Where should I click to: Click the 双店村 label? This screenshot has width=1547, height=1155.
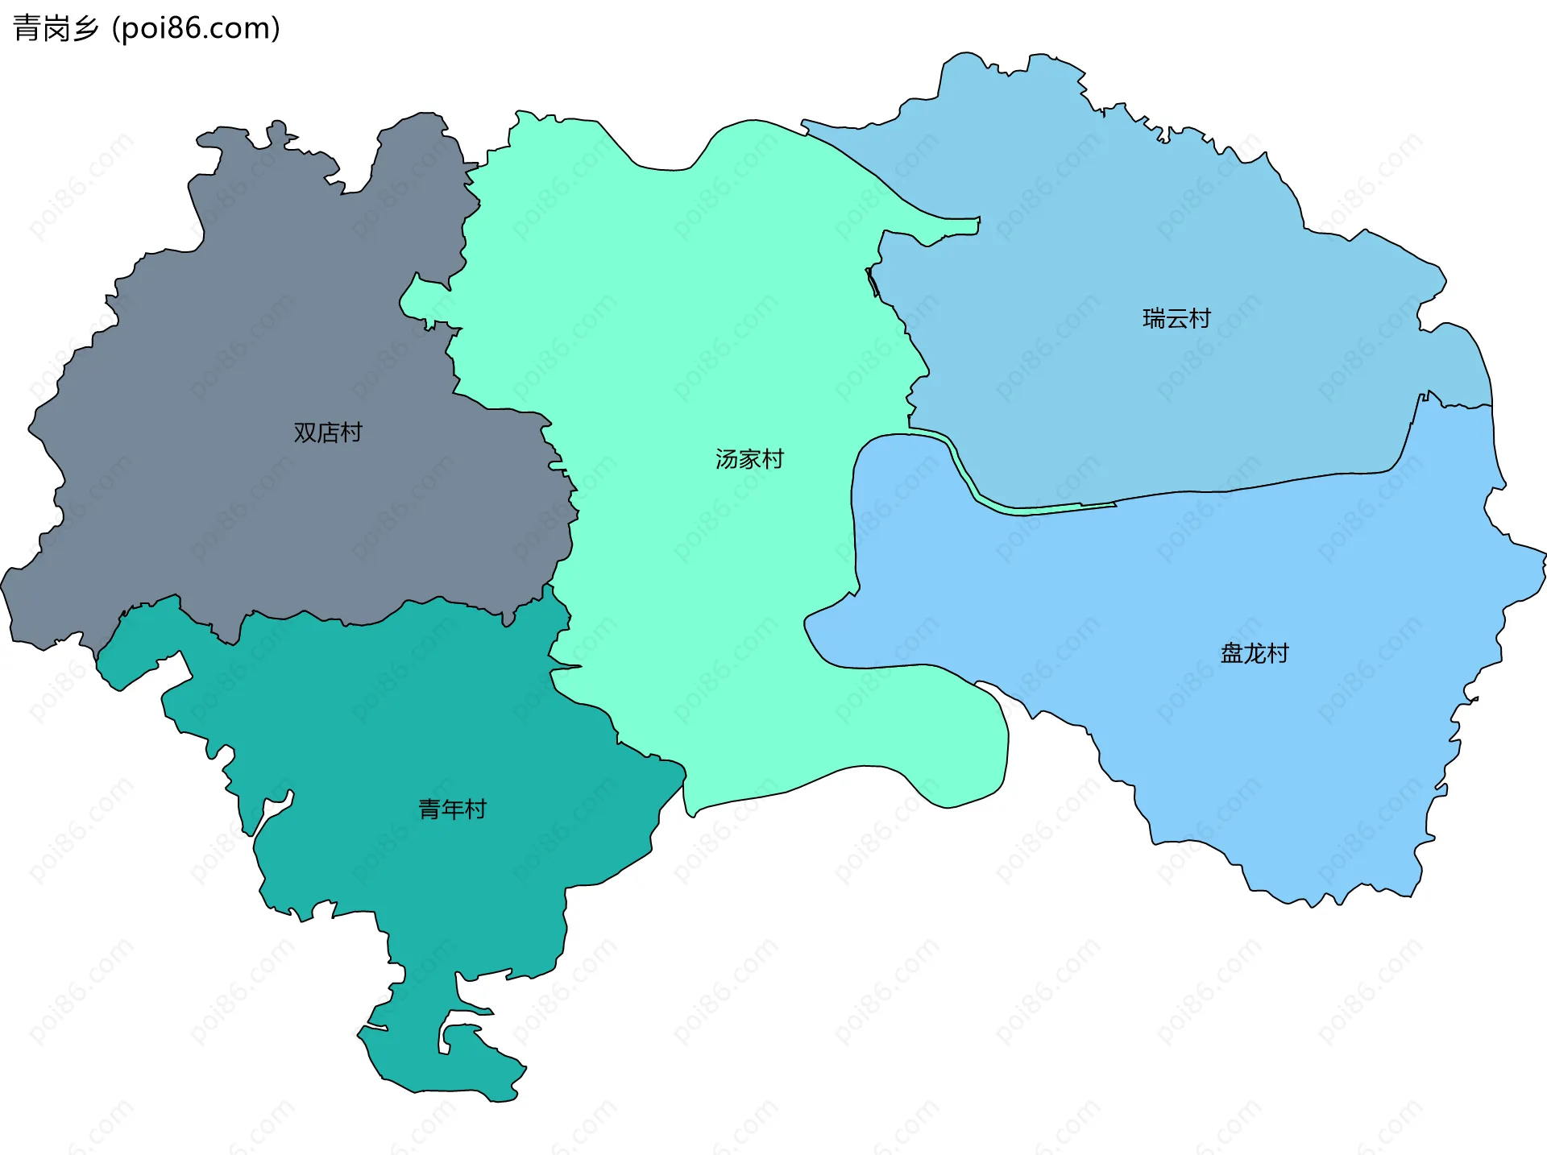328,433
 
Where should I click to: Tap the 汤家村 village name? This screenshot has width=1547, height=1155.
749,459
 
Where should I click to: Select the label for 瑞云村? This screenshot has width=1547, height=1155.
1176,319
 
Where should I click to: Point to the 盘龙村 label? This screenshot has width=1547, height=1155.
1255,653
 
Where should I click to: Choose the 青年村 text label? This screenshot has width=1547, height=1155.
453,809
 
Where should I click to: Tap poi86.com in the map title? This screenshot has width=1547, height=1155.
197,28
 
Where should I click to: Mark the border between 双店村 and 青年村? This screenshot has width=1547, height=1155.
322,618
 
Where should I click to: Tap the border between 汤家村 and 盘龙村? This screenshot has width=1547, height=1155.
852,524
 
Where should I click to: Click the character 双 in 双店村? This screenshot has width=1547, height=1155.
305,433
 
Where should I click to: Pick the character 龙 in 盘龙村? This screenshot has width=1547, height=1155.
1255,653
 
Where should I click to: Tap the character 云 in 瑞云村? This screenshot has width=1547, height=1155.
1176,319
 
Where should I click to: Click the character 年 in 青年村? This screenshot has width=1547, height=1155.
453,809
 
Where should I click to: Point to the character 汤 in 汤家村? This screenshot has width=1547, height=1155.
727,459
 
